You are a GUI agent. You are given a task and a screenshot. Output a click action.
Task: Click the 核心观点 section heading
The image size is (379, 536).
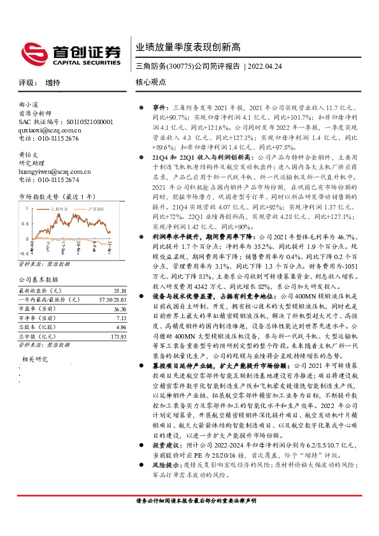pyautogui.click(x=151, y=83)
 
